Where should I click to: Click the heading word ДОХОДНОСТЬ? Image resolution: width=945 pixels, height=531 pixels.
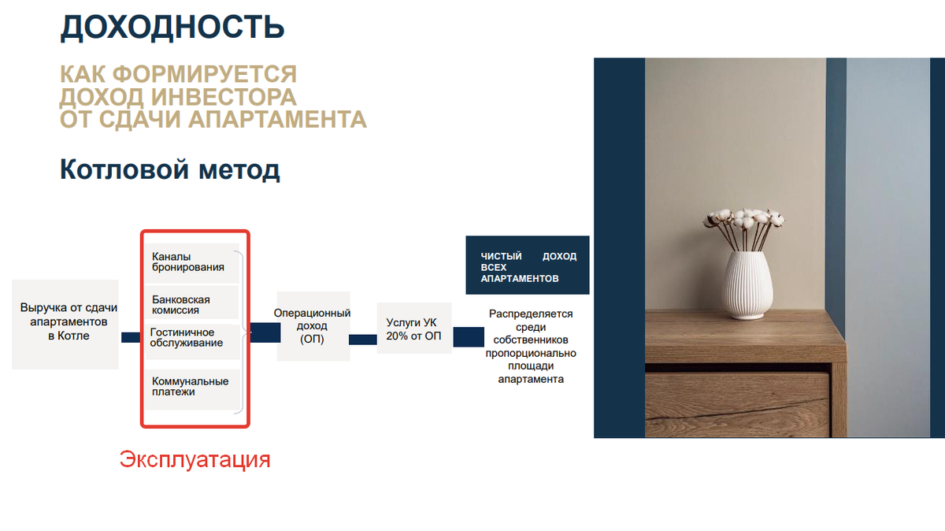pyautogui.click(x=172, y=27)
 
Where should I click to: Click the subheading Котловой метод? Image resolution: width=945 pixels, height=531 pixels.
pyautogui.click(x=169, y=169)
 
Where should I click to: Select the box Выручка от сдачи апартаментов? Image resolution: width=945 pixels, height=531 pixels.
pyautogui.click(x=65, y=324)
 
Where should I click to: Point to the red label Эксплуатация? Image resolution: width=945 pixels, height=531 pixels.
pyautogui.click(x=195, y=460)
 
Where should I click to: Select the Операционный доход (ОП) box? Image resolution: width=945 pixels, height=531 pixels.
pyautogui.click(x=313, y=325)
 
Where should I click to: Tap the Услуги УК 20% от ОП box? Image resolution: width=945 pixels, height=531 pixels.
pyautogui.click(x=414, y=329)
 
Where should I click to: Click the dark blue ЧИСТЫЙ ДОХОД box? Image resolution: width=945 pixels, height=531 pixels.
pyautogui.click(x=528, y=265)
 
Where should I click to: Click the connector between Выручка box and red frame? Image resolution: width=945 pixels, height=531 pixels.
pyautogui.click(x=131, y=337)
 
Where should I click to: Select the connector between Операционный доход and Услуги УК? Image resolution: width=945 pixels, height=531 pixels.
pyautogui.click(x=362, y=340)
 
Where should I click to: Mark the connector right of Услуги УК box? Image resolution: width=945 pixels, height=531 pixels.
pyautogui.click(x=468, y=337)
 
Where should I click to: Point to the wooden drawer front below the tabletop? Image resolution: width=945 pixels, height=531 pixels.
pyautogui.click(x=737, y=402)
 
